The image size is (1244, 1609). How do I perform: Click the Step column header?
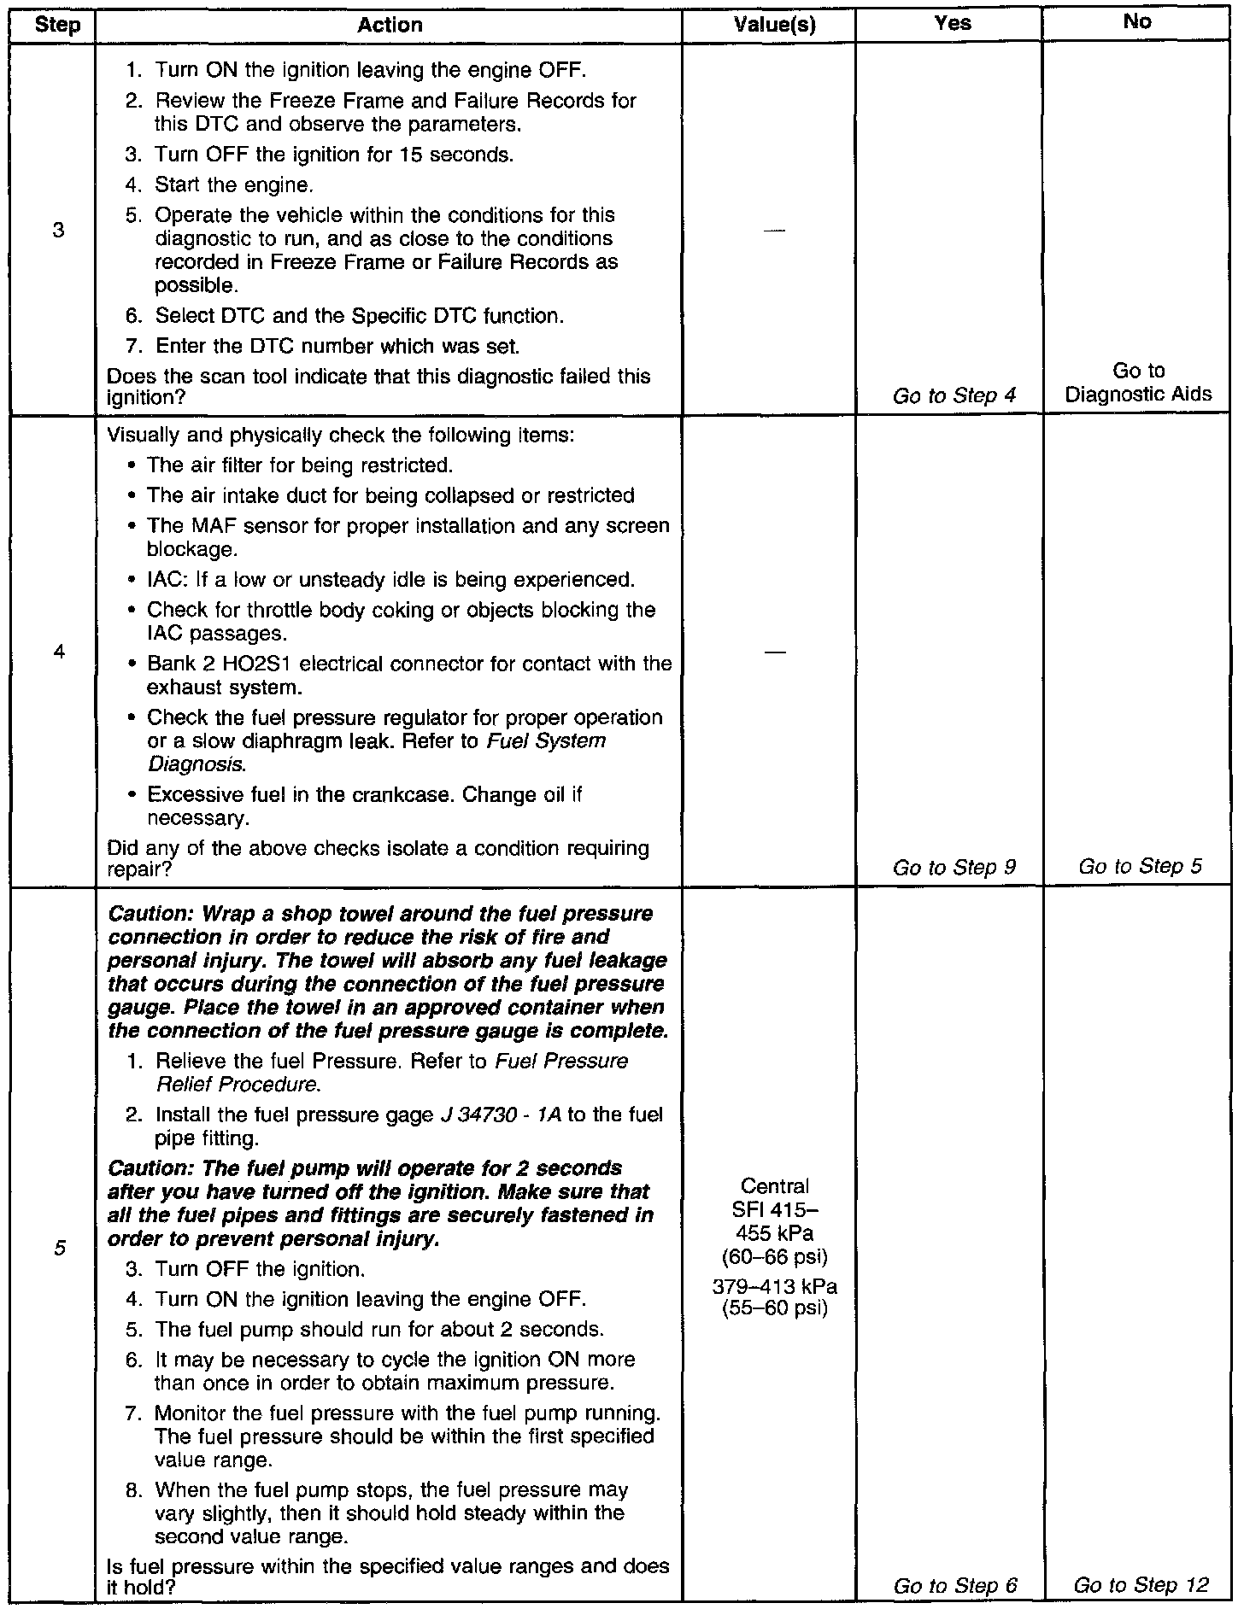pos(58,25)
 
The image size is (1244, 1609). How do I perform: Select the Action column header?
pos(390,25)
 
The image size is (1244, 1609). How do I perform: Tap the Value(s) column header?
pos(775,25)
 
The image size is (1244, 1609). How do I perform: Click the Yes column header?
pos(953,23)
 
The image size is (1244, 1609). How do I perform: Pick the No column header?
pos(1137,21)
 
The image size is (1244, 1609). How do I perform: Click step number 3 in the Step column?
pos(58,230)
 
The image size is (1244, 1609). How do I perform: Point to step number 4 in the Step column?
pos(58,652)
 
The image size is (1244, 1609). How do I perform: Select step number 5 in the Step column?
pos(58,1248)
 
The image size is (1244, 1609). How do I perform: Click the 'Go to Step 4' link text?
pos(954,395)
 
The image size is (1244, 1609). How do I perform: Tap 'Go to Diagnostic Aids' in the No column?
pos(1138,383)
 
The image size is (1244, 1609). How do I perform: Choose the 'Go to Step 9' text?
pos(954,868)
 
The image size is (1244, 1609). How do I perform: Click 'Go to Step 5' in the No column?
pos(1140,866)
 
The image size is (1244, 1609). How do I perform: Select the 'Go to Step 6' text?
pos(955,1586)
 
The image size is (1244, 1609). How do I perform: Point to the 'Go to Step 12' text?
pos(1141,1585)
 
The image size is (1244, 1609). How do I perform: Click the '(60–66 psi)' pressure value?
pos(775,1257)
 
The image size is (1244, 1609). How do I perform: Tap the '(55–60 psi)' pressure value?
pos(775,1308)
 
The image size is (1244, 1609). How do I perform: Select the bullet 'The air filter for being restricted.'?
pos(299,465)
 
